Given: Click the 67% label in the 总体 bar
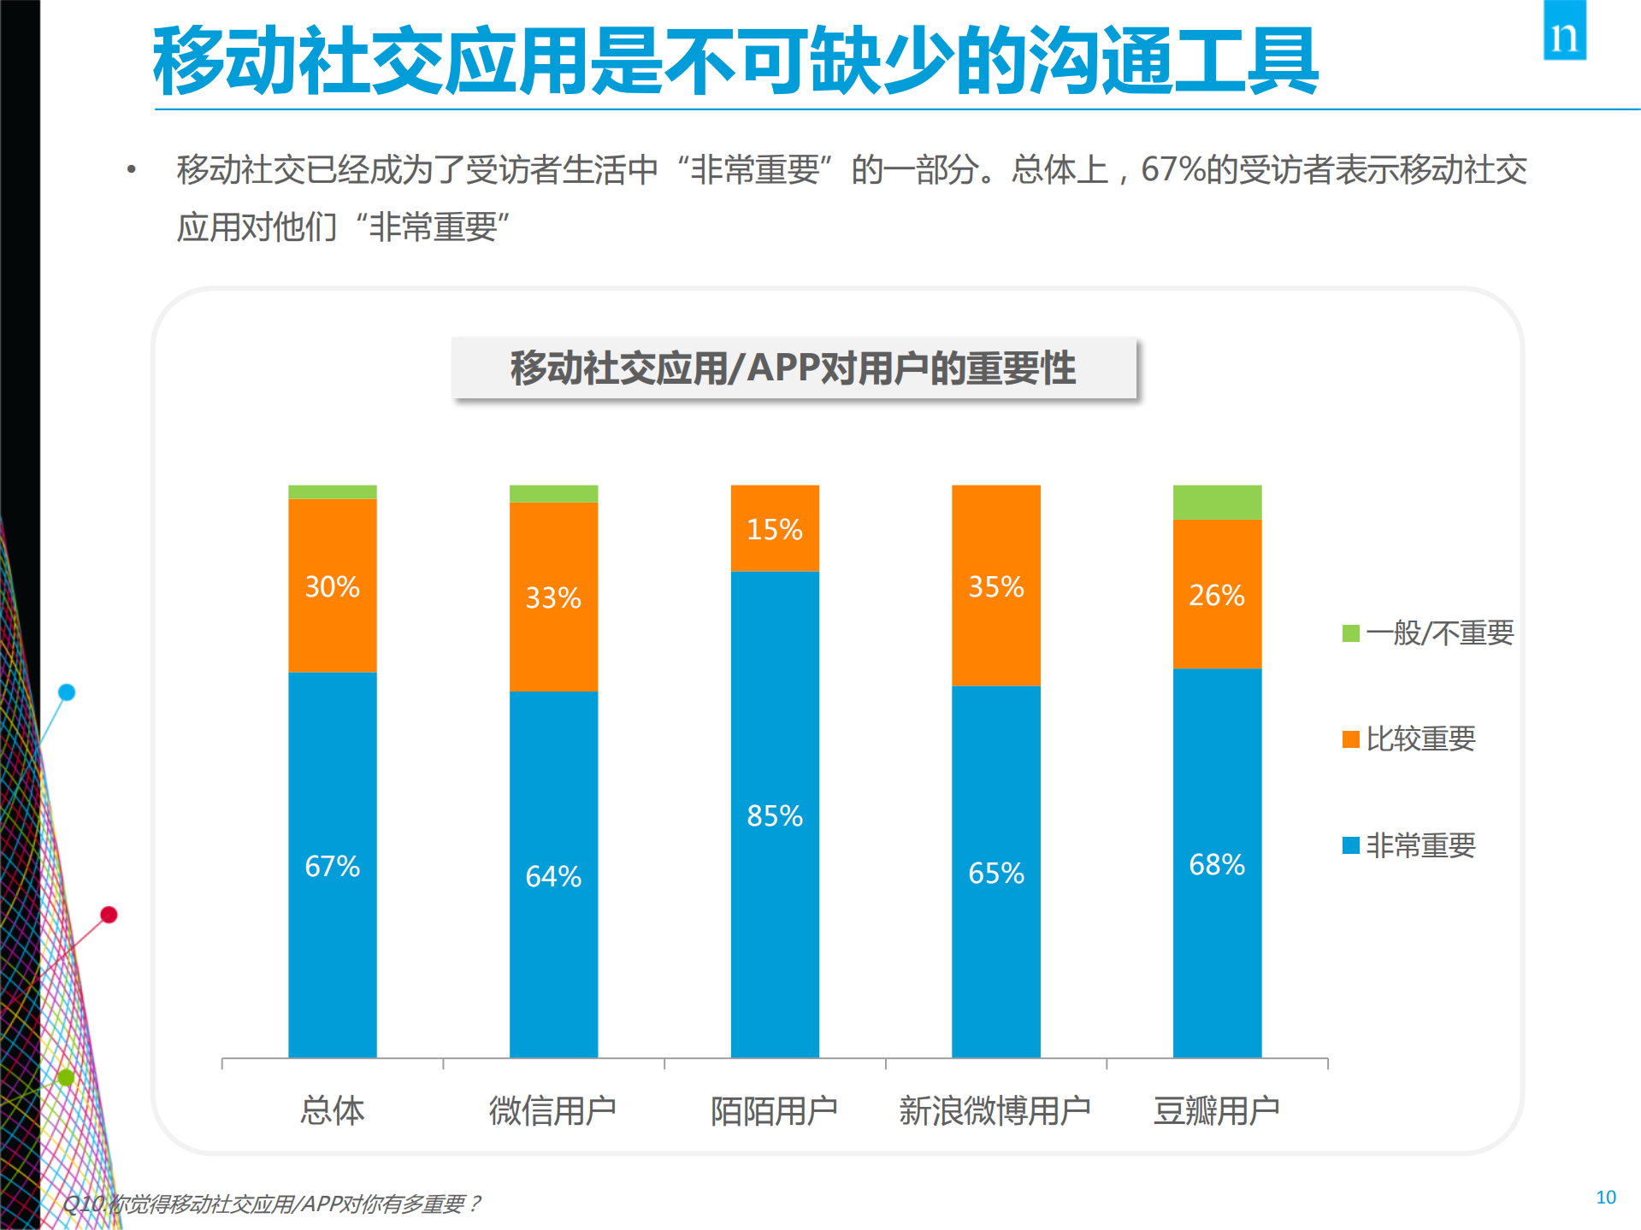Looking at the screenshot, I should [x=332, y=866].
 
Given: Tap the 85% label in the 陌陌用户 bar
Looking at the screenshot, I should [x=774, y=815].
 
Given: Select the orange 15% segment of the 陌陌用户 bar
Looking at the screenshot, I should [x=774, y=527].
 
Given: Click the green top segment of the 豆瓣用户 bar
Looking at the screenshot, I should [x=1216, y=502].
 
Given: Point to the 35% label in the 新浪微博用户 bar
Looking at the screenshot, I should [x=995, y=586].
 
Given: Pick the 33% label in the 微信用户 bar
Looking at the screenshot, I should [x=552, y=597].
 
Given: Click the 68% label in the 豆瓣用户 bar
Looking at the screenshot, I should [x=1216, y=864].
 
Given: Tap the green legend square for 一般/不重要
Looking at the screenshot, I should [x=1350, y=633].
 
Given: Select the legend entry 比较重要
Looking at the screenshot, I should [x=1420, y=739].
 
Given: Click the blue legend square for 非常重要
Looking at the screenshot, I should [x=1350, y=845].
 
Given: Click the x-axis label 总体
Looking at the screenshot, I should [x=332, y=1110].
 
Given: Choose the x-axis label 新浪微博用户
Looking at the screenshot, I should [x=995, y=1110].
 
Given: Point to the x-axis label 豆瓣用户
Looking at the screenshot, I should [x=1216, y=1110].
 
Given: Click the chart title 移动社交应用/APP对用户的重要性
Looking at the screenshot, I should [x=793, y=368].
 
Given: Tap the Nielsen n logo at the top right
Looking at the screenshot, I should [x=1564, y=32].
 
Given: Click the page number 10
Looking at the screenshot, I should [x=1605, y=1197].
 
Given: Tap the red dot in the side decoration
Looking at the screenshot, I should [x=109, y=915].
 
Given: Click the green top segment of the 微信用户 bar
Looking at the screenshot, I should [x=553, y=493].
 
